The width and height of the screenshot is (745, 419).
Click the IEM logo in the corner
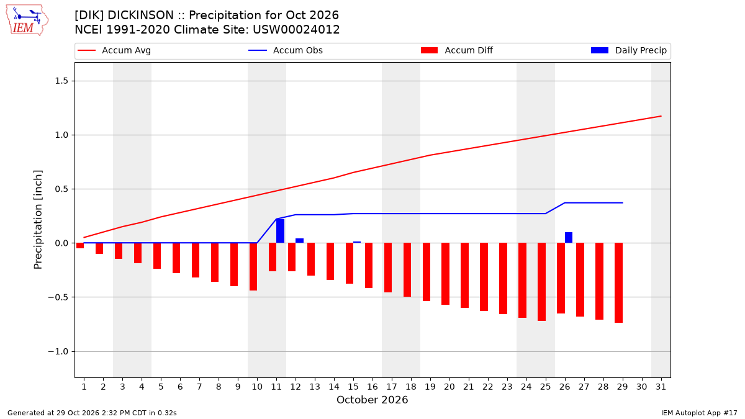(27, 20)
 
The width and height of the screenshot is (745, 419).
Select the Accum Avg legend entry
(114, 50)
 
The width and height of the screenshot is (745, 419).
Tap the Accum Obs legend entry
(286, 50)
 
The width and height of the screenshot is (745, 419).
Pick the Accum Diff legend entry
(457, 50)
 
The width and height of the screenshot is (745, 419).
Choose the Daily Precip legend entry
(628, 50)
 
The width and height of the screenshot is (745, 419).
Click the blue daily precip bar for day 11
(281, 231)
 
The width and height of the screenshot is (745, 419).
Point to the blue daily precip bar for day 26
(569, 237)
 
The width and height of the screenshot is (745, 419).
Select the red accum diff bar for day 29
(618, 282)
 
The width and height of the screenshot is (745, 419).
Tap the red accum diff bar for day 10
(253, 267)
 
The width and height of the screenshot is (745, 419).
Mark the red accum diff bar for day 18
(407, 269)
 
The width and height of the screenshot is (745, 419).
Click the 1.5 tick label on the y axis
(61, 81)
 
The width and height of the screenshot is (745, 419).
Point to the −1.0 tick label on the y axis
(58, 351)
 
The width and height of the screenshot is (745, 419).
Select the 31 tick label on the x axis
(661, 387)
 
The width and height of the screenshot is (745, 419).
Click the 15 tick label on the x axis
(353, 387)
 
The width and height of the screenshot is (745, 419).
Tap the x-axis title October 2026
(372, 400)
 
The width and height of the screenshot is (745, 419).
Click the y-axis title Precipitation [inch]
(38, 220)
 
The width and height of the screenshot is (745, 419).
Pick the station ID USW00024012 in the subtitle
(296, 30)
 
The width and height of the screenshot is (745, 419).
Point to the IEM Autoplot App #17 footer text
(699, 413)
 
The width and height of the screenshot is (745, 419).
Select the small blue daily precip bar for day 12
(299, 240)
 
